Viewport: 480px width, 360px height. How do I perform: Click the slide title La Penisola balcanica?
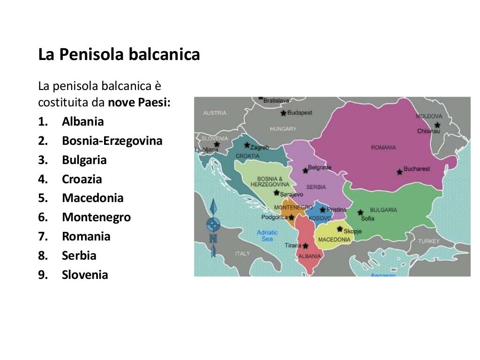pos(119,55)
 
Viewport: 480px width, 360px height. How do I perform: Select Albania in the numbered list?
pos(82,121)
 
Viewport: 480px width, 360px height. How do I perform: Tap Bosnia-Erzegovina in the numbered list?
pos(112,141)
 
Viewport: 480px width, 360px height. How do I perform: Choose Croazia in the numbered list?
pos(82,179)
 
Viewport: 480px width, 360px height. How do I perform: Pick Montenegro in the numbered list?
pos(96,217)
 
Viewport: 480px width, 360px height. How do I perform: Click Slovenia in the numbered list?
pos(85,275)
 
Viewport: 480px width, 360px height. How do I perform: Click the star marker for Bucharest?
pos(399,172)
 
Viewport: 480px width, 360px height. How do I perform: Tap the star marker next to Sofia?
pos(360,212)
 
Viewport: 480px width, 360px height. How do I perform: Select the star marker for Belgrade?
pos(305,170)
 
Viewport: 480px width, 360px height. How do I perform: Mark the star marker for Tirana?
pos(305,246)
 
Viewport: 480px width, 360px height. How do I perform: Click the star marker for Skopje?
pos(340,229)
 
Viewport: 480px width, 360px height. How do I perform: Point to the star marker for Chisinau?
pos(437,125)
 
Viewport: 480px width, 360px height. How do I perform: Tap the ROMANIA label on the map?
pos(383,147)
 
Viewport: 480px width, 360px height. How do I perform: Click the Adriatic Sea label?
pos(267,235)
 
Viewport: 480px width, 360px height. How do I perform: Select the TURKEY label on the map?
pos(429,241)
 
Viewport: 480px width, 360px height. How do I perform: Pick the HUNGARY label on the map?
pos(283,128)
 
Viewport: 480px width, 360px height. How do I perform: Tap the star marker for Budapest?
pos(283,113)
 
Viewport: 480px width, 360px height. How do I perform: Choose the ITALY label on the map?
pos(243,253)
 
